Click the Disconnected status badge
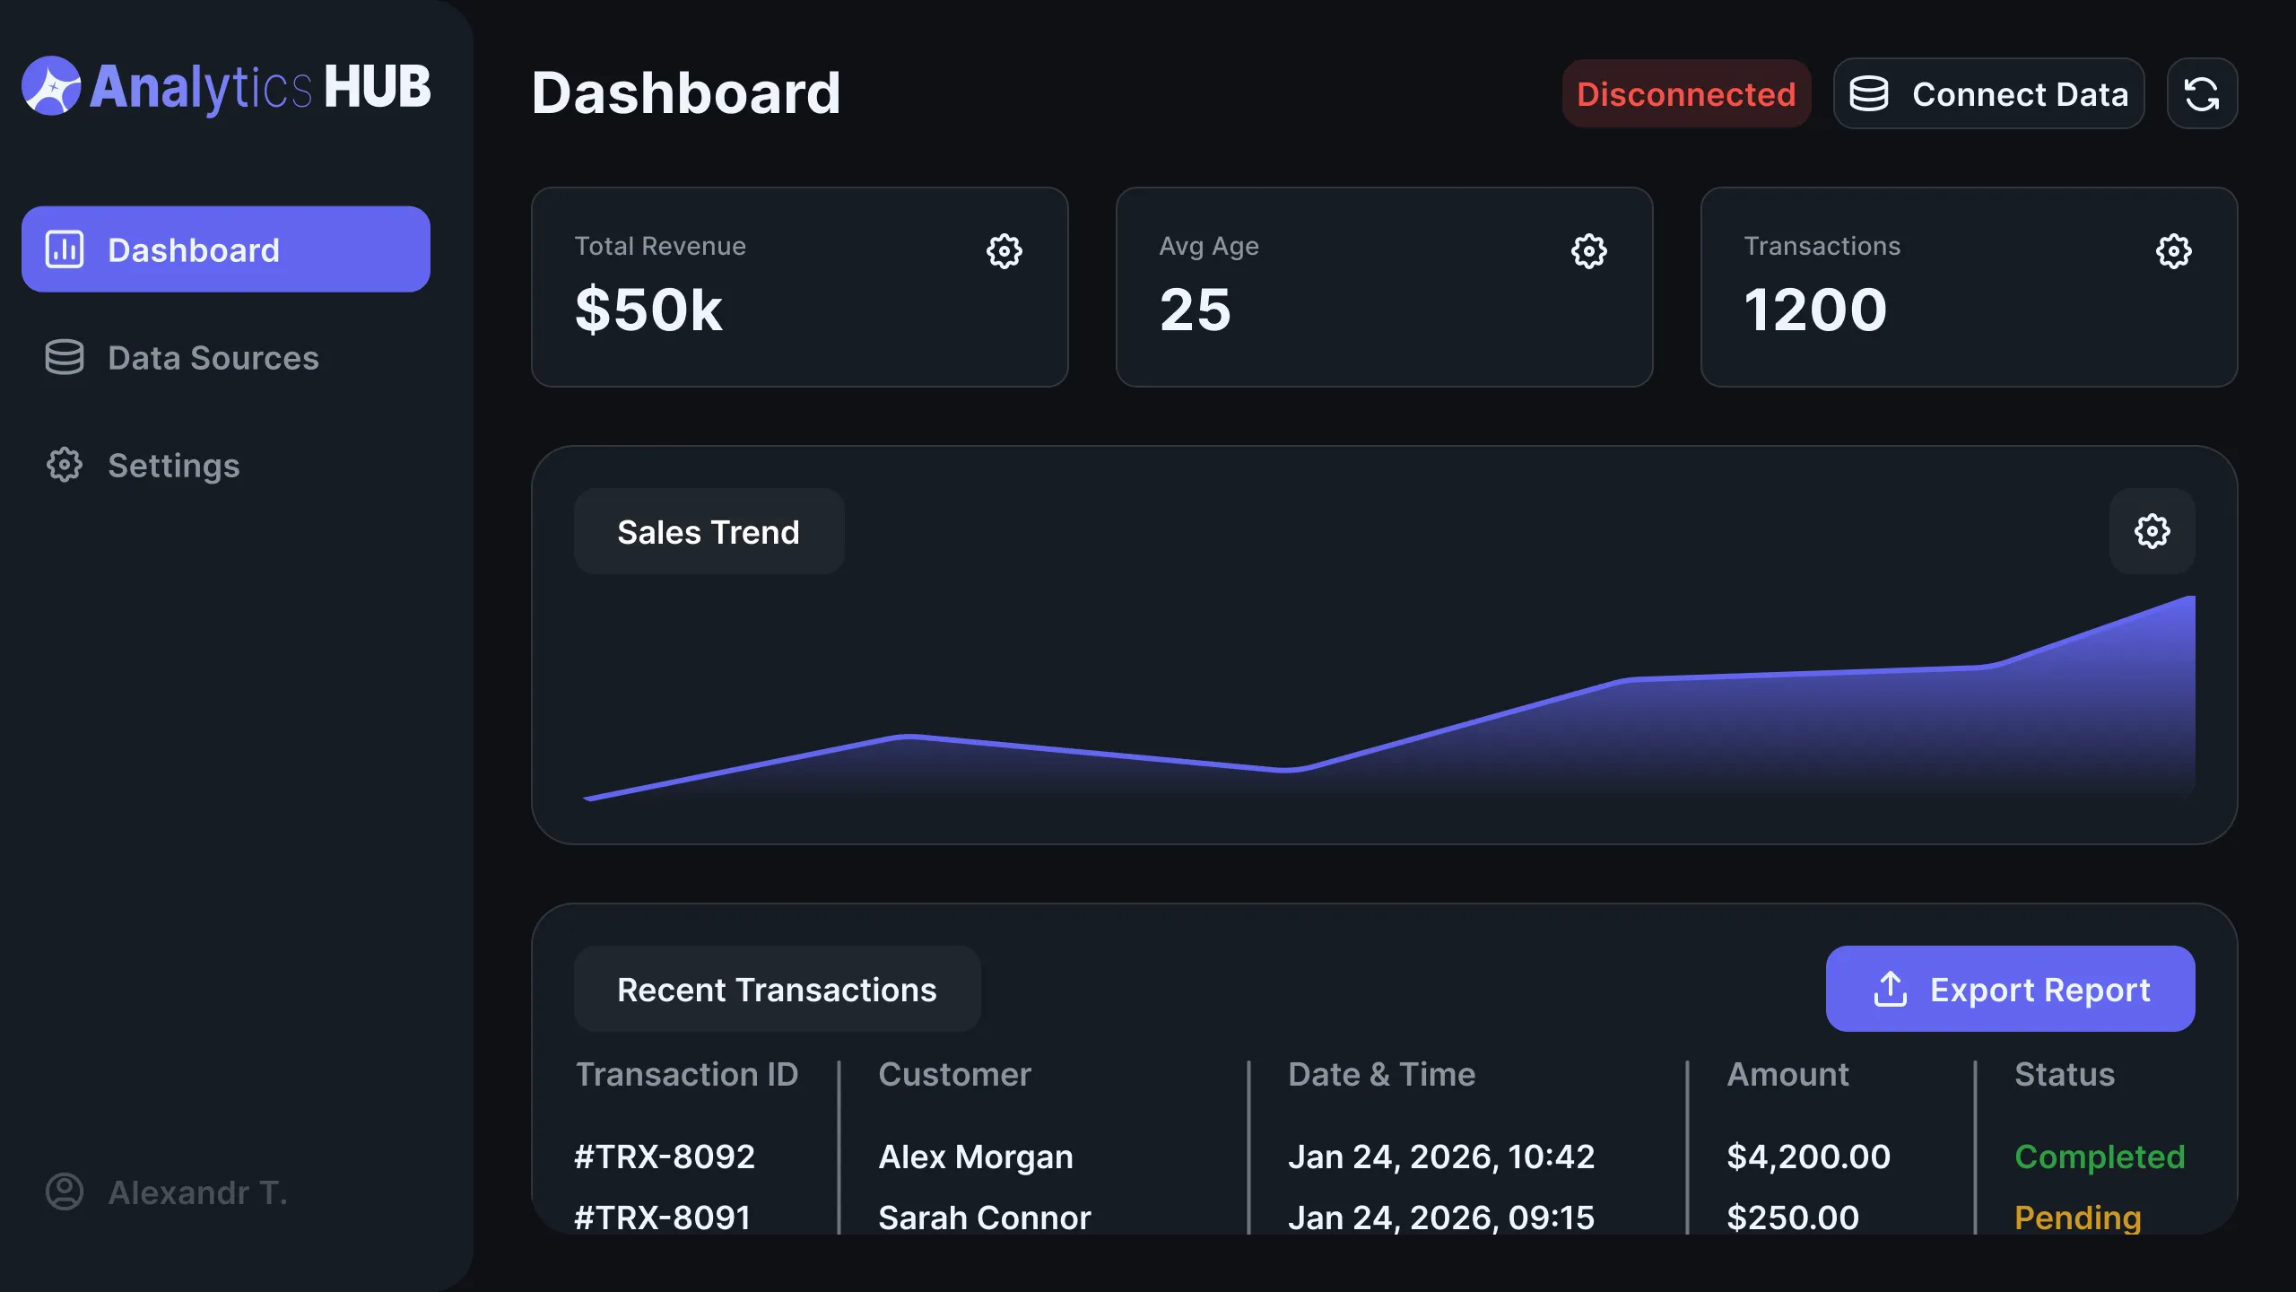(x=1686, y=94)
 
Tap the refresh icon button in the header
(x=2202, y=94)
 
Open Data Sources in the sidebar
(x=213, y=358)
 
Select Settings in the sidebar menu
(x=173, y=466)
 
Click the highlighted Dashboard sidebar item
(x=225, y=249)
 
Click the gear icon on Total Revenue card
(x=1004, y=251)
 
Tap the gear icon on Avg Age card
(x=1588, y=251)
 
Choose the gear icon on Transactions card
(x=2173, y=251)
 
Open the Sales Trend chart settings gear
(x=2152, y=531)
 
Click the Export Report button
(x=2010, y=989)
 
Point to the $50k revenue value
(x=648, y=310)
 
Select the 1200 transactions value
(x=1815, y=310)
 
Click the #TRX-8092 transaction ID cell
(x=665, y=1157)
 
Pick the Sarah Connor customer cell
(x=984, y=1218)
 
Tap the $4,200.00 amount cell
(x=1808, y=1157)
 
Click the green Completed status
(x=2099, y=1157)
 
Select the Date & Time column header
(x=1381, y=1074)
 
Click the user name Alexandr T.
(x=197, y=1192)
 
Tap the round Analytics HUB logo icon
(x=51, y=86)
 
